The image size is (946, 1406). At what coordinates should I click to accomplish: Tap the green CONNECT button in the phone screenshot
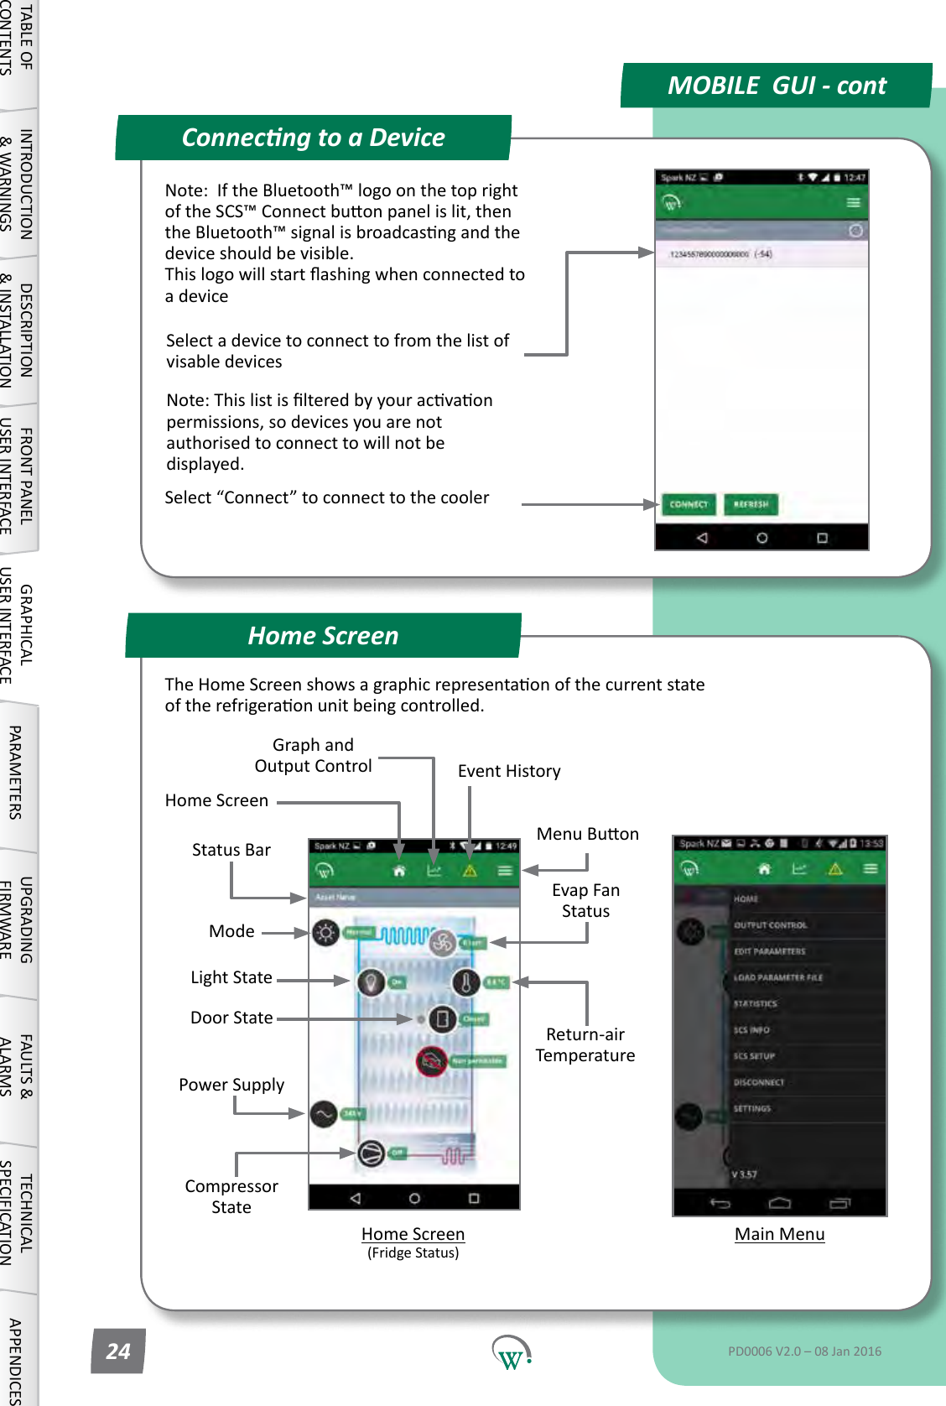pyautogui.click(x=689, y=504)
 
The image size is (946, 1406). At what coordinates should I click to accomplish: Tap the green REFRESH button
pyautogui.click(x=751, y=504)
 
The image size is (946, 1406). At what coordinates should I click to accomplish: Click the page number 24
pyautogui.click(x=117, y=1351)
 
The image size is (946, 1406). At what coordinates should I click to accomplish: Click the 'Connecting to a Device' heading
pyautogui.click(x=313, y=138)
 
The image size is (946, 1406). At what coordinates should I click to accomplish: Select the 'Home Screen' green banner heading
pyautogui.click(x=323, y=636)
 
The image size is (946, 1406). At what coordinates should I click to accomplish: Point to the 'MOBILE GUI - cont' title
pyautogui.click(x=776, y=86)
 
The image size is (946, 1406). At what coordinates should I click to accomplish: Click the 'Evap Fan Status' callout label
pyautogui.click(x=585, y=900)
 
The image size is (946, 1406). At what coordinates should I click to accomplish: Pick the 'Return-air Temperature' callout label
pyautogui.click(x=585, y=1044)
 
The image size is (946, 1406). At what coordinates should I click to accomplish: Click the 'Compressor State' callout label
pyautogui.click(x=231, y=1196)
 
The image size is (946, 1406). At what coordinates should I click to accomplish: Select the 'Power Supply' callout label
pyautogui.click(x=231, y=1085)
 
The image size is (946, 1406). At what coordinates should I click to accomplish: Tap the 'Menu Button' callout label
pyautogui.click(x=587, y=834)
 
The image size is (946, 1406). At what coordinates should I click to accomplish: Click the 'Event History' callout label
pyautogui.click(x=509, y=771)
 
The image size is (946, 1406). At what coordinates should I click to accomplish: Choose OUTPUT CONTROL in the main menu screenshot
pyautogui.click(x=770, y=925)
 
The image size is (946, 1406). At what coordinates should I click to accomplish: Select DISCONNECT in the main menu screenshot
pyautogui.click(x=758, y=1082)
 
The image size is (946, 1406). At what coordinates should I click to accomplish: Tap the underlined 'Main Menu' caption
pyautogui.click(x=779, y=1234)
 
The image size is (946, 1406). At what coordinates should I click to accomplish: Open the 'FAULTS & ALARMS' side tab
pyautogui.click(x=17, y=1065)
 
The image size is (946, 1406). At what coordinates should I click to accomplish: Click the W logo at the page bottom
pyautogui.click(x=511, y=1351)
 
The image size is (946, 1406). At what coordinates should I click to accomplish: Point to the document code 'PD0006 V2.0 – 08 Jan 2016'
pyautogui.click(x=804, y=1351)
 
